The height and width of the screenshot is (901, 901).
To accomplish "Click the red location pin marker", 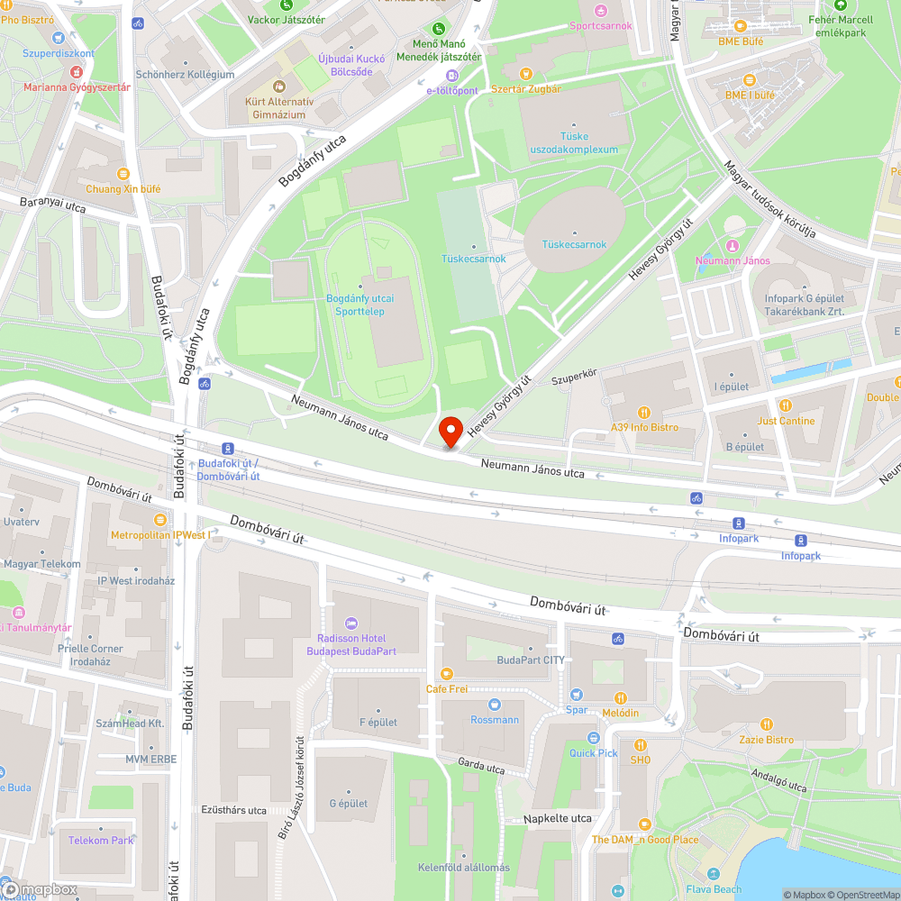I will [450, 432].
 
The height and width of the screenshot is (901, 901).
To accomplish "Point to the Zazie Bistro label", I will [767, 740].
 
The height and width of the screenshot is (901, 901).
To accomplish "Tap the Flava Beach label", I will [713, 889].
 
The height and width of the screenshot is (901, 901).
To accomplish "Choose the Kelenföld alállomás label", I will [463, 868].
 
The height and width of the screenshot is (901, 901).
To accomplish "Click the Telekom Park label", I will [101, 840].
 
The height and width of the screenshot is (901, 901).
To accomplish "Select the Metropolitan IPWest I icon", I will [160, 520].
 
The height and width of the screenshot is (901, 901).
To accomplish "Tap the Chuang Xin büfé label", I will [123, 189].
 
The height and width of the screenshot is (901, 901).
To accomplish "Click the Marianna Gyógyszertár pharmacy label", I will [77, 87].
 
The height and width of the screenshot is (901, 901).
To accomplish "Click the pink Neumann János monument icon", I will [733, 245].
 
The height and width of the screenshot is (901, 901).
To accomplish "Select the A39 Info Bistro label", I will [644, 427].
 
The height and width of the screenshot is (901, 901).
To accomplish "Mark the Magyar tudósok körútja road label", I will [770, 199].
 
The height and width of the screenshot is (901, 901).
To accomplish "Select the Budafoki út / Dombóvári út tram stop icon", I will [228, 448].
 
